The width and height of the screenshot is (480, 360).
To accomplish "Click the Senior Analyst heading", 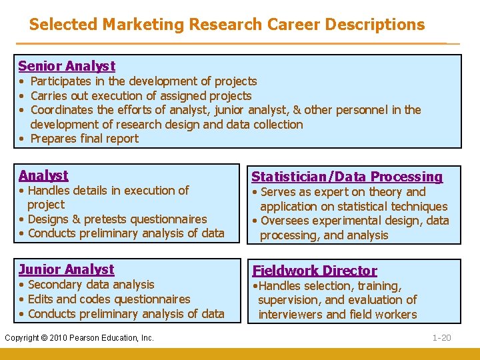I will [x=67, y=66].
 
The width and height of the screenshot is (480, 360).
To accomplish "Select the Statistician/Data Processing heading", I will [x=347, y=177].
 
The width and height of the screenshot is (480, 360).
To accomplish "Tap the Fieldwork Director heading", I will [x=314, y=271].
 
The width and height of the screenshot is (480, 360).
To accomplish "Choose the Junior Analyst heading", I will [x=67, y=269].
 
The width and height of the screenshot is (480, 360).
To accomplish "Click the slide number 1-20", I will [x=441, y=338].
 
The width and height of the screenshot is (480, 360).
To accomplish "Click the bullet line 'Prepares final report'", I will [x=85, y=139].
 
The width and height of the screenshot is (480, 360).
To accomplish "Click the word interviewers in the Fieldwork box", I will [x=291, y=315].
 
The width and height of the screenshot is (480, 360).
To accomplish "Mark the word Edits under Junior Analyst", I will [x=41, y=299].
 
